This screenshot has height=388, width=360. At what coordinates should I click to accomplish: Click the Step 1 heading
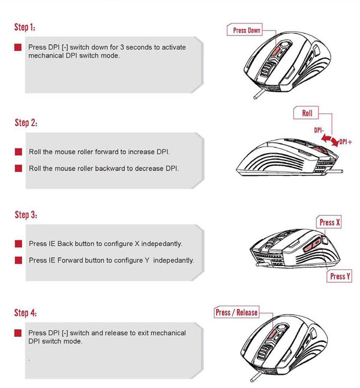(29, 28)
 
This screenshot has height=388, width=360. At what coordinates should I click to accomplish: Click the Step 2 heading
(29, 123)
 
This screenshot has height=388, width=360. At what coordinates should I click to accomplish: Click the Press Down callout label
(247, 30)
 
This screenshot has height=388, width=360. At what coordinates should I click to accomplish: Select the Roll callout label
(307, 113)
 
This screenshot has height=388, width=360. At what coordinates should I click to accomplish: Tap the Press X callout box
(330, 222)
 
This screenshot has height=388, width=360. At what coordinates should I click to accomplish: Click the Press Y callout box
(338, 276)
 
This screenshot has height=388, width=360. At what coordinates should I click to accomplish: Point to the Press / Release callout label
(236, 312)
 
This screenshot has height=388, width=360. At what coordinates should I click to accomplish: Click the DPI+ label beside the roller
(346, 142)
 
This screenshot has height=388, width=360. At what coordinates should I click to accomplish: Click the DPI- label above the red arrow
(318, 129)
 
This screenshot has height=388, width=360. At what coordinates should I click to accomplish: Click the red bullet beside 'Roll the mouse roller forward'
(19, 153)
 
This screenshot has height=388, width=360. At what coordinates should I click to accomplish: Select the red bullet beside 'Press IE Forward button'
(19, 260)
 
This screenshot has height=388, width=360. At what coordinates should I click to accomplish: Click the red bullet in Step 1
(19, 47)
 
